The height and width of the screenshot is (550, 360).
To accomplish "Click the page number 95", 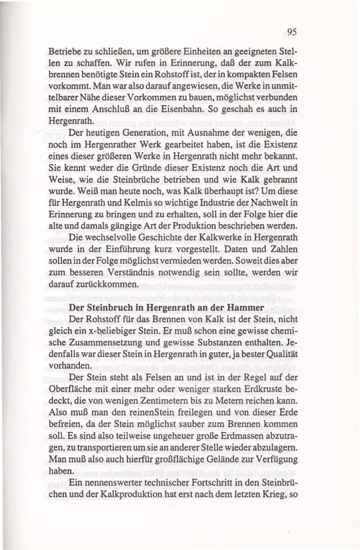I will [292, 32].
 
